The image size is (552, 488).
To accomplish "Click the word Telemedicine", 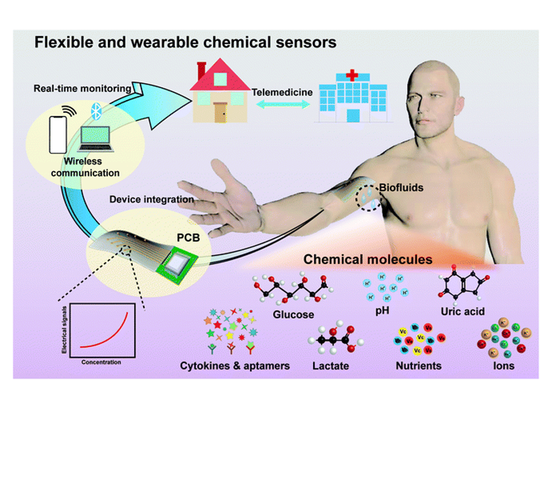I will tap(280, 91).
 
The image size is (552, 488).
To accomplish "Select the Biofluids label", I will tap(401, 188).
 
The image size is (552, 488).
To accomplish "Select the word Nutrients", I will tap(419, 366).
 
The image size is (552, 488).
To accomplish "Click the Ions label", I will tap(503, 366).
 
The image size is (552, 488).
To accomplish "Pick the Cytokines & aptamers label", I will tap(235, 366).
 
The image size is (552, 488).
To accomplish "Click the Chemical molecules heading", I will tap(368, 258).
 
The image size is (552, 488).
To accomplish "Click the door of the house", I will tap(220, 111).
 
